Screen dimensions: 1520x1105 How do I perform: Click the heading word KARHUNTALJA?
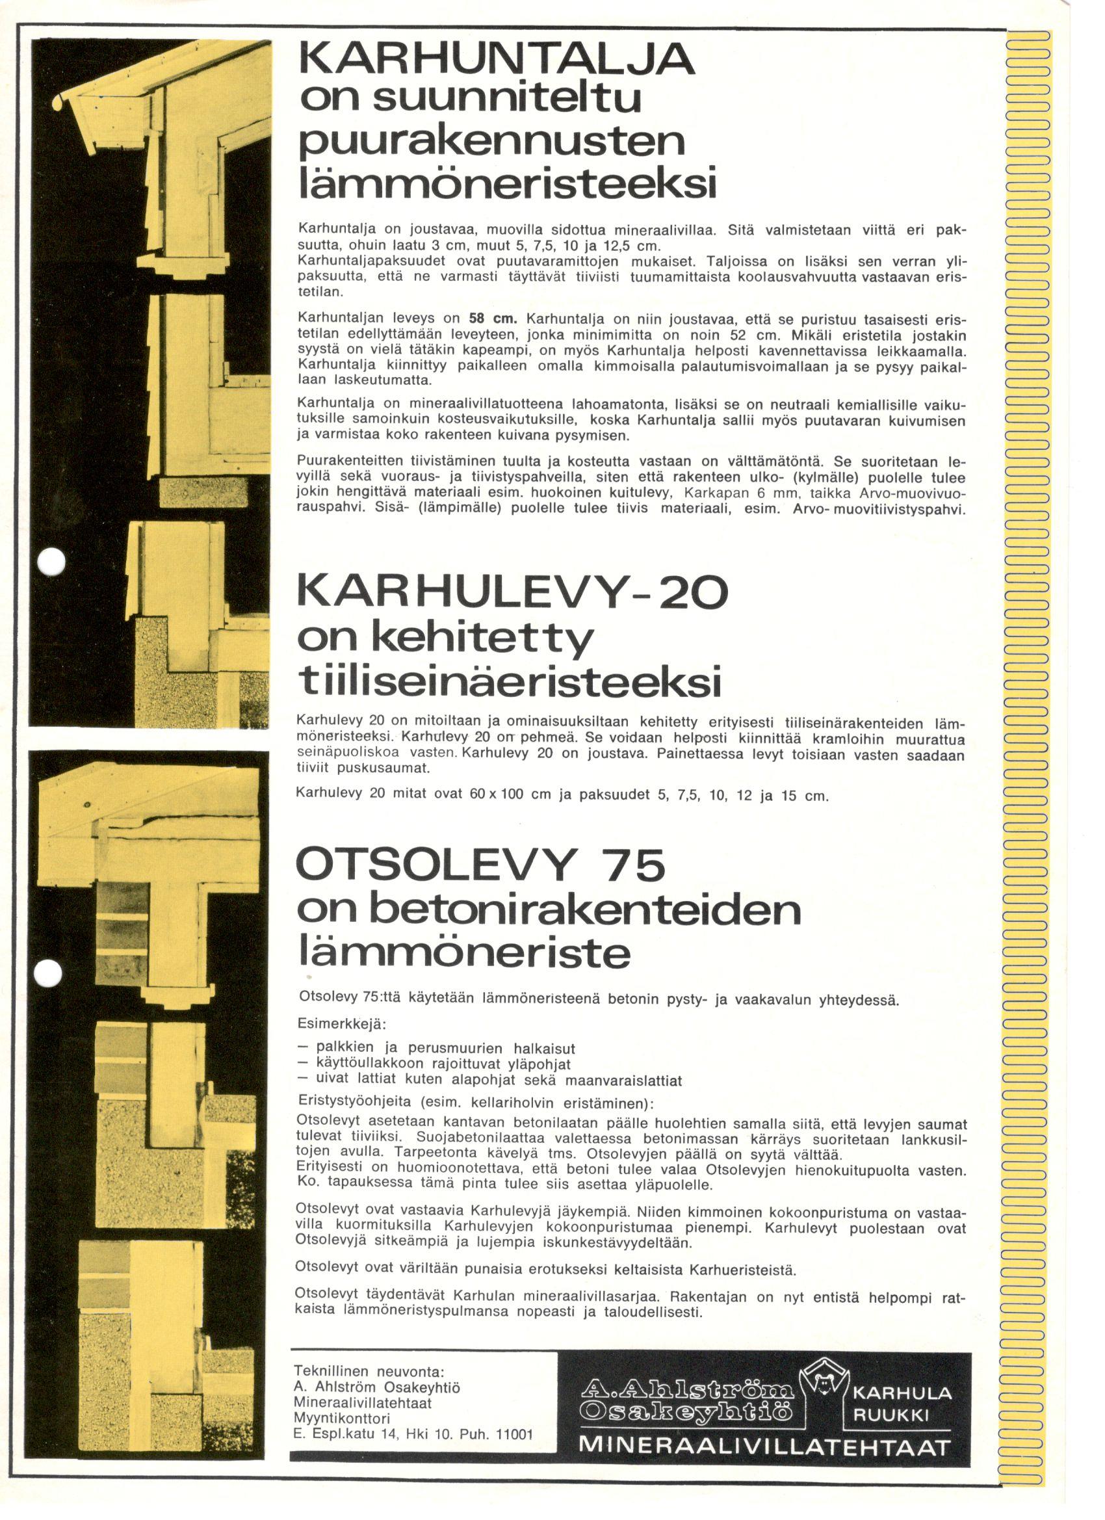point(496,60)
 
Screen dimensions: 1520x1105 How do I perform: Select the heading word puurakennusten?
point(492,143)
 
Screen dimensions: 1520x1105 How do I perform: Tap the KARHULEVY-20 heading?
point(512,593)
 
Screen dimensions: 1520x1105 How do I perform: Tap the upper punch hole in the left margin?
point(50,561)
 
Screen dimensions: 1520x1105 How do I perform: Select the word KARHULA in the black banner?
point(902,1394)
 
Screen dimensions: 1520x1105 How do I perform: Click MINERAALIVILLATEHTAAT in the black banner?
point(764,1446)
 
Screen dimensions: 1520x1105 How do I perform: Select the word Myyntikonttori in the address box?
point(342,1419)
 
